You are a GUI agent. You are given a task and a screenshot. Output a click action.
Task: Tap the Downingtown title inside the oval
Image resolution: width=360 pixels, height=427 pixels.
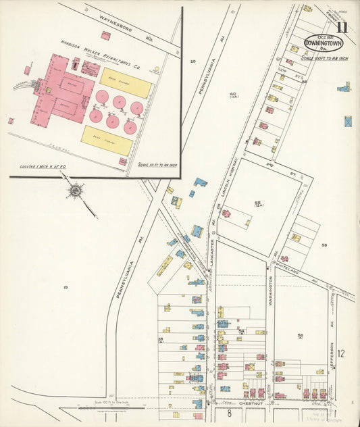pyautogui.click(x=323, y=43)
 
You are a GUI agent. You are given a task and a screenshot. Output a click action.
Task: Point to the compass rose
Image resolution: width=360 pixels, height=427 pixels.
pyautogui.click(x=74, y=191)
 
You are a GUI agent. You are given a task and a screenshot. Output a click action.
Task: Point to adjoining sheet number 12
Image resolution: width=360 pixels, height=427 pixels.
pyautogui.click(x=341, y=353)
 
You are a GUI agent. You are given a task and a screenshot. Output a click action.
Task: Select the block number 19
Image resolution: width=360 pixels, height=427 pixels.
pyautogui.click(x=66, y=288)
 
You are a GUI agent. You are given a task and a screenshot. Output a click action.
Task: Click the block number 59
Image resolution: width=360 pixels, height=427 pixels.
pyautogui.click(x=324, y=245)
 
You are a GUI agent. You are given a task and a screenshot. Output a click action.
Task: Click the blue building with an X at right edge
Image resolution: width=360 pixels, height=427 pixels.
pyautogui.click(x=348, y=122)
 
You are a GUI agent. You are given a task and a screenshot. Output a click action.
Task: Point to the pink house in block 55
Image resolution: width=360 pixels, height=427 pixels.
pyautogui.click(x=226, y=214)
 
